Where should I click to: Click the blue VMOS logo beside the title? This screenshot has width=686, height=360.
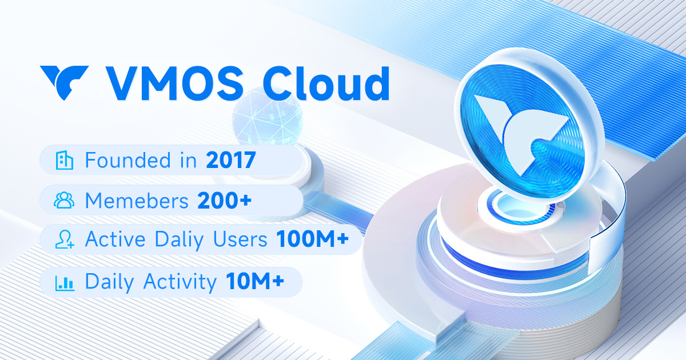pyautogui.click(x=64, y=82)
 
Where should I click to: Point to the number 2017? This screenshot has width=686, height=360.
pyautogui.click(x=230, y=161)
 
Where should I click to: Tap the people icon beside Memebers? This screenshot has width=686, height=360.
pyautogui.click(x=64, y=201)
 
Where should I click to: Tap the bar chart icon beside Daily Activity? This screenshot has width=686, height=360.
pyautogui.click(x=64, y=282)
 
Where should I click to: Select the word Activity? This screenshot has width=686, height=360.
pyautogui.click(x=180, y=282)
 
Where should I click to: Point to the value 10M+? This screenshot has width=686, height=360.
pyautogui.click(x=255, y=282)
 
